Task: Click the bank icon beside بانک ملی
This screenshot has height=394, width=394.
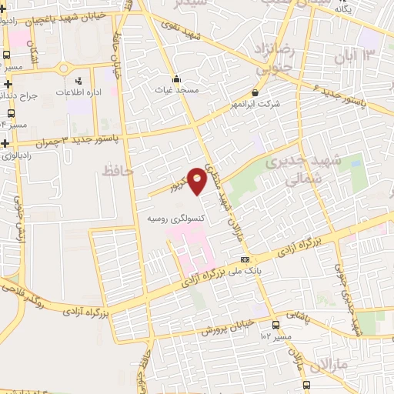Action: tap(245, 259)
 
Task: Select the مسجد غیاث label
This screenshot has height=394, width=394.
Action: tap(176, 89)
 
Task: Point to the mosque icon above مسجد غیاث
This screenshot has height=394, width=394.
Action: tap(176, 78)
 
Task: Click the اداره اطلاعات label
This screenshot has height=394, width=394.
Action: tap(78, 92)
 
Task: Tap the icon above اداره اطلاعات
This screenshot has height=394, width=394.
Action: tap(78, 81)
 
